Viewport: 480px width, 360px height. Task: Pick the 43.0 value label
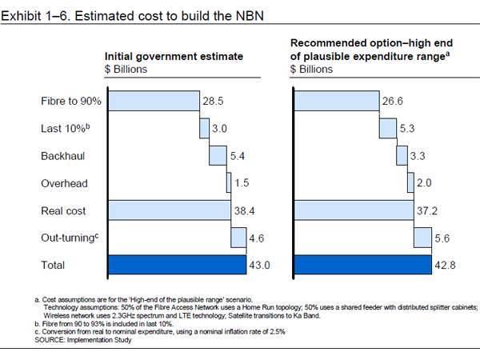(261, 266)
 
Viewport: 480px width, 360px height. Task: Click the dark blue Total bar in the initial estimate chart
(176, 265)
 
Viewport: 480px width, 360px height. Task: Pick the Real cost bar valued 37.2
(353, 210)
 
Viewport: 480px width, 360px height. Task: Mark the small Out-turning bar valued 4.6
(238, 238)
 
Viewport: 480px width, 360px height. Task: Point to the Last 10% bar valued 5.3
(387, 128)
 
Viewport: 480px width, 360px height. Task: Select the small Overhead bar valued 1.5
(228, 183)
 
